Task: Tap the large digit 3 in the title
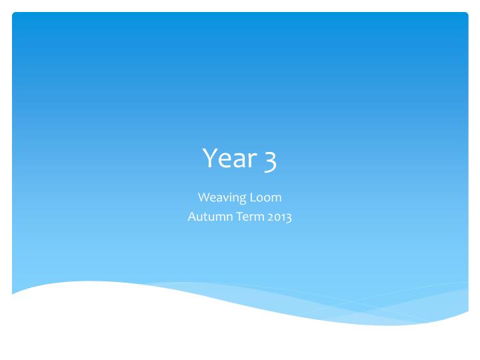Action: click(x=269, y=160)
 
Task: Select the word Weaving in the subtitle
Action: click(x=223, y=198)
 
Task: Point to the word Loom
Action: click(x=266, y=197)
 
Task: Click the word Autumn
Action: click(x=207, y=217)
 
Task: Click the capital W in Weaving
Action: click(x=203, y=197)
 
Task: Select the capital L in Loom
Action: click(x=253, y=197)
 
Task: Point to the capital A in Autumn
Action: click(x=192, y=217)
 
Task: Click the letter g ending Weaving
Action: click(x=243, y=199)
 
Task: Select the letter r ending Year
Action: click(x=252, y=161)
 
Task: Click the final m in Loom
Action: click(x=277, y=199)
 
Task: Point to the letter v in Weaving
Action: click(x=225, y=199)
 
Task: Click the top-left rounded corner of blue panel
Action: click(x=15, y=15)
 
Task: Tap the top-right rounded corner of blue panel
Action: click(x=465, y=15)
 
